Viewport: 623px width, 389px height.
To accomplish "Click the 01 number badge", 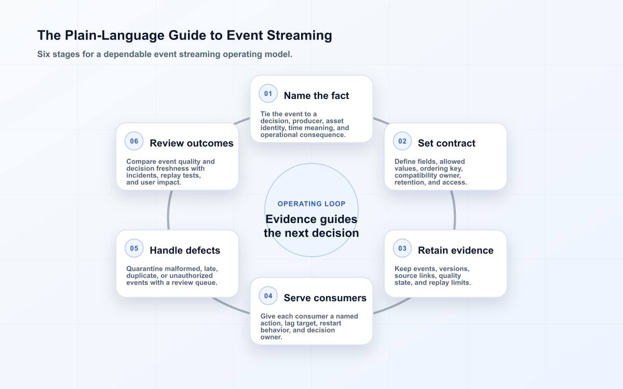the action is click(x=268, y=94).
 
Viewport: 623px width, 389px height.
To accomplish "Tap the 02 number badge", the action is click(x=402, y=141).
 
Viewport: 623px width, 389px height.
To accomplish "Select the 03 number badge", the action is click(x=402, y=248).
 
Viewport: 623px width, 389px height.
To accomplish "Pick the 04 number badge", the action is click(x=268, y=296).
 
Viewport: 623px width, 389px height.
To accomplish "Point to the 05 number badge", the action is click(x=134, y=248).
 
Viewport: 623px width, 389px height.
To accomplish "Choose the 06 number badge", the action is click(x=134, y=141).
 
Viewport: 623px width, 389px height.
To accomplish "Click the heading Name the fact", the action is click(x=316, y=95).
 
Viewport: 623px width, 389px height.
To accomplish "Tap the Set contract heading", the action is click(x=446, y=143).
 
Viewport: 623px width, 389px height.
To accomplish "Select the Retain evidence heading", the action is click(x=456, y=251).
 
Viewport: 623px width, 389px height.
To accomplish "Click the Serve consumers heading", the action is click(x=325, y=298).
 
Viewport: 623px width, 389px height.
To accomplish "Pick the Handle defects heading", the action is click(x=185, y=251).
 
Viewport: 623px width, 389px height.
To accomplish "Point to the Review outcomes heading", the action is click(x=192, y=143).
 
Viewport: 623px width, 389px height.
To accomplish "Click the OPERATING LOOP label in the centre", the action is click(x=311, y=204).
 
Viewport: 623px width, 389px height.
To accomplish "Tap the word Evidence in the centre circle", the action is click(x=291, y=219).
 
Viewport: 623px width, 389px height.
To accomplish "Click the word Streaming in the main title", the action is click(x=300, y=35).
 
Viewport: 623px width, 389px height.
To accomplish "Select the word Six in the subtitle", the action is click(x=44, y=54).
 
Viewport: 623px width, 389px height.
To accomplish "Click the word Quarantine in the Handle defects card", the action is click(x=145, y=269).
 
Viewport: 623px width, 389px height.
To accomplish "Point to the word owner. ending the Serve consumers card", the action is click(x=272, y=337).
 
